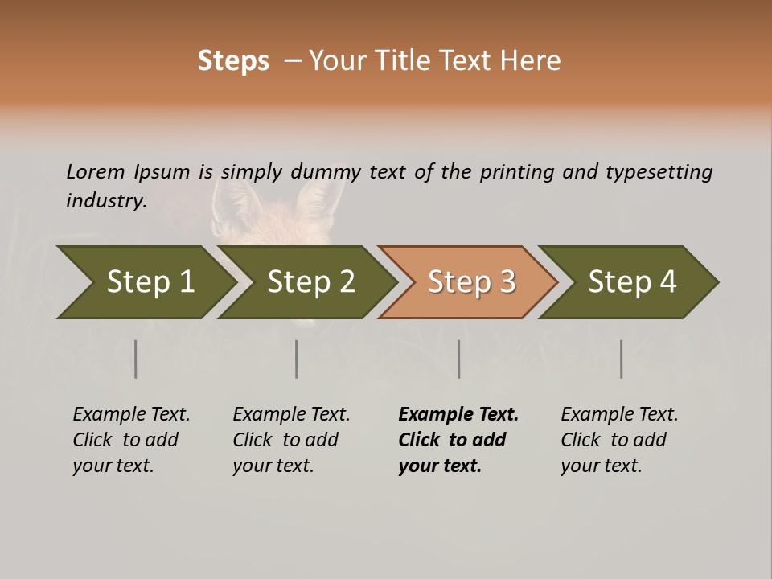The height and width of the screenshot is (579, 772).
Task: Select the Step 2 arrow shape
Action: [x=310, y=282]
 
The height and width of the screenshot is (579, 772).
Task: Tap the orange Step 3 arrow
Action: [x=470, y=282]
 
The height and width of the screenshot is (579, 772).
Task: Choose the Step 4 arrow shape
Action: [x=631, y=282]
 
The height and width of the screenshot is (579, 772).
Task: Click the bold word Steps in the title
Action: [x=233, y=61]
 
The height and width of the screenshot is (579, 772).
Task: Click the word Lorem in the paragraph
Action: [x=95, y=171]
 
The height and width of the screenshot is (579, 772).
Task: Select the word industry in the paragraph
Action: [x=105, y=200]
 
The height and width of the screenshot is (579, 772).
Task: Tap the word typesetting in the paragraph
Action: [x=659, y=172]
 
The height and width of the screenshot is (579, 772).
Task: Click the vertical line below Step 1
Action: [x=136, y=359]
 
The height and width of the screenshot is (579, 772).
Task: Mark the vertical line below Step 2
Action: [x=297, y=359]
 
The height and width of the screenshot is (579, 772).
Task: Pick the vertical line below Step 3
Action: [x=459, y=359]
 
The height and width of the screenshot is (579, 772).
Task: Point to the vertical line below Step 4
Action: [x=622, y=359]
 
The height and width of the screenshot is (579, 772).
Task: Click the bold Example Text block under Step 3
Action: [x=457, y=440]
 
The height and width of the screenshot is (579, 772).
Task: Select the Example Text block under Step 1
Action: [x=131, y=440]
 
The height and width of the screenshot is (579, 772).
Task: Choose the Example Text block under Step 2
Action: [x=291, y=440]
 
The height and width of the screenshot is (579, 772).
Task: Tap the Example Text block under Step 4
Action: [x=619, y=440]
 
